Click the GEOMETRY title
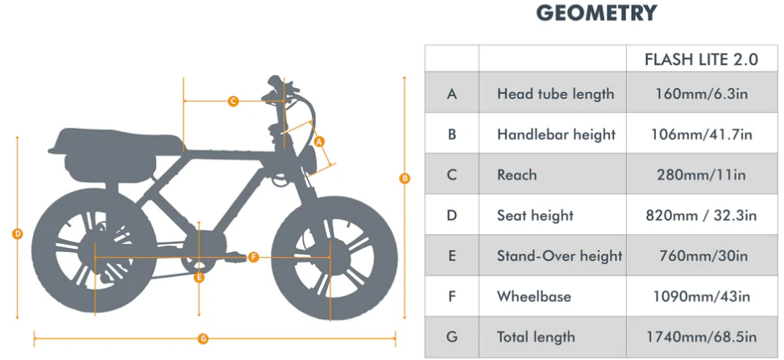click(596, 13)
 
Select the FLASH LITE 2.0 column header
click(702, 60)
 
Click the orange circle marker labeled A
click(320, 142)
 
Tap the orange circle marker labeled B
click(404, 178)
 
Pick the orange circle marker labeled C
click(233, 101)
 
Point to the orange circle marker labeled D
click(18, 234)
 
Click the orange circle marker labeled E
click(199, 278)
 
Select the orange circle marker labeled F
click(254, 258)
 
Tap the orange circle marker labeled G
click(202, 339)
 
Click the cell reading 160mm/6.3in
click(702, 93)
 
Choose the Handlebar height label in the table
click(556, 134)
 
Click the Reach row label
click(516, 175)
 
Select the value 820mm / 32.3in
click(702, 216)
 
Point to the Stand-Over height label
click(559, 256)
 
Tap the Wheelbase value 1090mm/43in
click(702, 296)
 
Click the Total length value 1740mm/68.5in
click(702, 337)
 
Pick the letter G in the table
click(452, 337)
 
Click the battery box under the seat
click(110, 168)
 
